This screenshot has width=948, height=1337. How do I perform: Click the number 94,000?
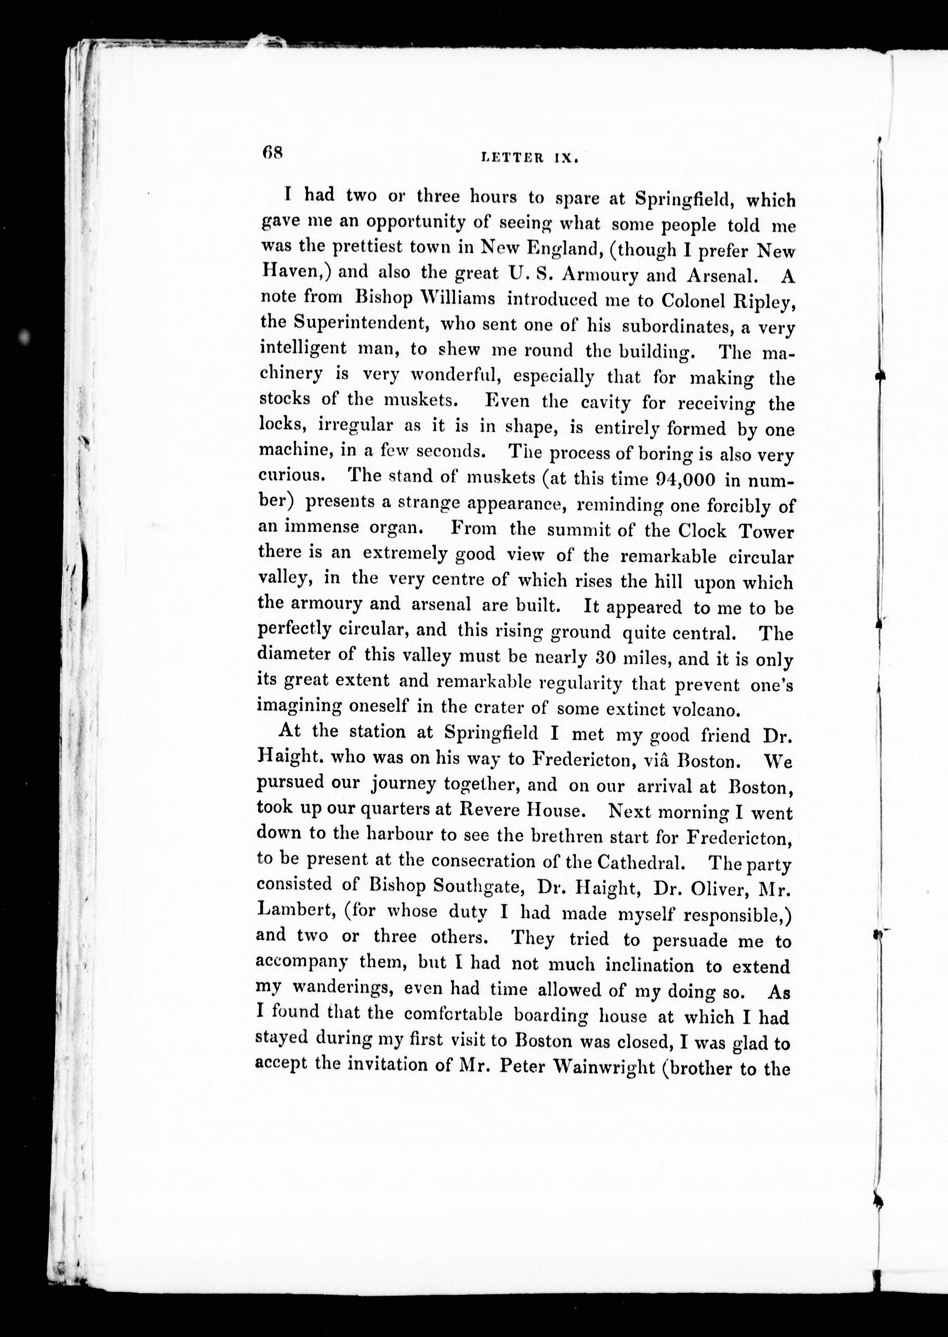677,480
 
